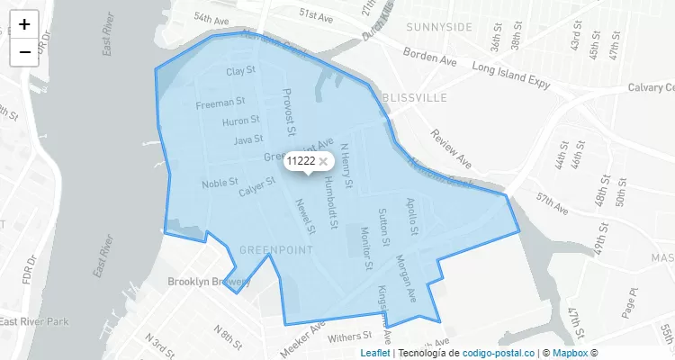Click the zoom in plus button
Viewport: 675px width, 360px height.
click(24, 24)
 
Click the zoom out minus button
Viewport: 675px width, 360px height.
click(24, 52)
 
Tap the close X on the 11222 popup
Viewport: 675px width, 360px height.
click(323, 161)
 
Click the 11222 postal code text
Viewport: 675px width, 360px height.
click(301, 161)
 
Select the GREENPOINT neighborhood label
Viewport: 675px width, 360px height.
click(276, 248)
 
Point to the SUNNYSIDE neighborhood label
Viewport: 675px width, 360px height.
click(438, 27)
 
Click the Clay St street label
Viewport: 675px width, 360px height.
click(241, 70)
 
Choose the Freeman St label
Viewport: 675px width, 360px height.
click(220, 103)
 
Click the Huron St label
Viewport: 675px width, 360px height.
click(241, 120)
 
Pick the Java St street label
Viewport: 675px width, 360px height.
click(248, 139)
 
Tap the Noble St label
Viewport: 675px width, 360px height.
click(220, 184)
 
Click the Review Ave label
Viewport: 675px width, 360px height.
click(451, 148)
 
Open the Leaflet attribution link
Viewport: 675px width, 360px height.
click(375, 353)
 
